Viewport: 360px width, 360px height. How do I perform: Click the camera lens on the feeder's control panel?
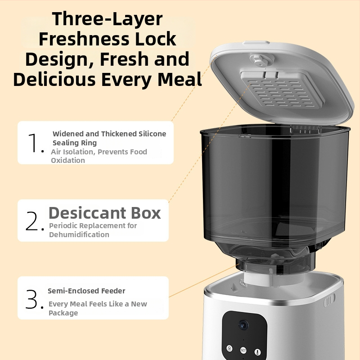click(x=243, y=325)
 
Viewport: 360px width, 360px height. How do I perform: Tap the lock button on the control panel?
click(x=229, y=348)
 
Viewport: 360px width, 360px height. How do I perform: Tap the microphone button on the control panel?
click(x=257, y=352)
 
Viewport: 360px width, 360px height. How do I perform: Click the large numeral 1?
click(x=33, y=142)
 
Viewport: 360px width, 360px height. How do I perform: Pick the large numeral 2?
click(x=32, y=220)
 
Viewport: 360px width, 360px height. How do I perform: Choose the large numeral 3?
click(x=31, y=299)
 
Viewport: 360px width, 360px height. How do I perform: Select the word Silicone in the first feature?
click(x=152, y=134)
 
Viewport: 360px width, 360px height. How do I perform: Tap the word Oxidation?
click(x=68, y=160)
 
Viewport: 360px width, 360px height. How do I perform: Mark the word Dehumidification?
click(x=79, y=234)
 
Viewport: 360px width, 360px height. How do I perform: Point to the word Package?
click(x=63, y=313)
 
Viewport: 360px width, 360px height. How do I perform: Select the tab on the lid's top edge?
click(x=256, y=43)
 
